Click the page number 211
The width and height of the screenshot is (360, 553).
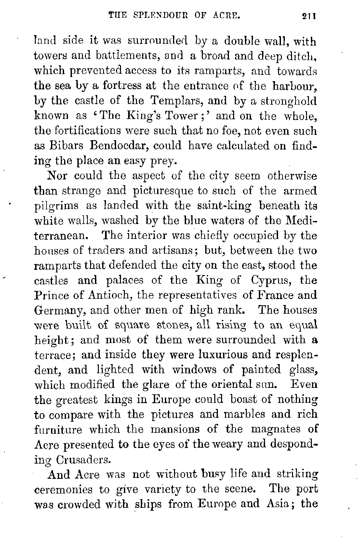pos(309,16)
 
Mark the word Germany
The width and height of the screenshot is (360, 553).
pos(60,310)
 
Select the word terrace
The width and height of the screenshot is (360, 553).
pos(55,355)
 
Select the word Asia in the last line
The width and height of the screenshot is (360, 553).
pos(278,504)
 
